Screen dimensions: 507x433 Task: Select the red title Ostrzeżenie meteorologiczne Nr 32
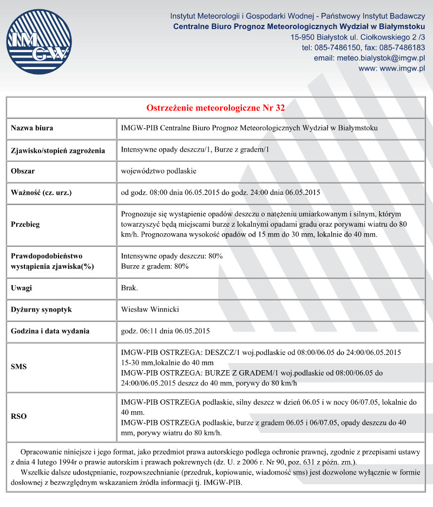click(215, 108)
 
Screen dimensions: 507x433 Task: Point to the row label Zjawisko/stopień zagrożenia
click(58, 150)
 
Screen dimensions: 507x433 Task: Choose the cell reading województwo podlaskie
click(159, 171)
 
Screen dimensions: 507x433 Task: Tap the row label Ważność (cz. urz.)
click(42, 192)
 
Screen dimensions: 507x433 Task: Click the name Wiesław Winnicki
click(150, 310)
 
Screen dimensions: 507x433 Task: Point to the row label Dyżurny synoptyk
click(42, 310)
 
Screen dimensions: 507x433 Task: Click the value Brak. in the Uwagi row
click(129, 288)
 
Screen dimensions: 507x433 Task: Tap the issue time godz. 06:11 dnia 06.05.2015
click(166, 331)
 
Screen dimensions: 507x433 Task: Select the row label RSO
click(19, 417)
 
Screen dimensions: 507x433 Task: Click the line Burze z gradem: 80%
click(155, 266)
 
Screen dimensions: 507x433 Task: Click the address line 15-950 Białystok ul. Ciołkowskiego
click(357, 37)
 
